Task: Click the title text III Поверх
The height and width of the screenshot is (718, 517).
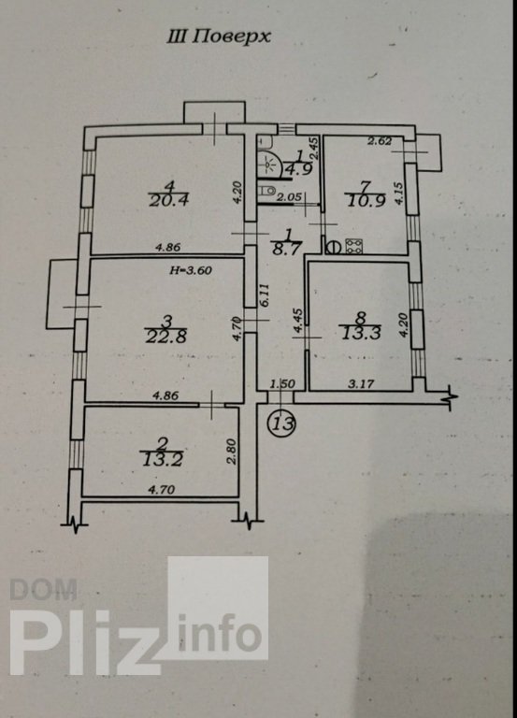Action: tap(219, 36)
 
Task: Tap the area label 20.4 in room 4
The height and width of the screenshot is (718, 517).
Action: tap(169, 200)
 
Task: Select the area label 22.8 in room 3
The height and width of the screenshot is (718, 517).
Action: tap(166, 337)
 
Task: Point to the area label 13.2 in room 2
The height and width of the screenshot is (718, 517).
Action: tap(163, 459)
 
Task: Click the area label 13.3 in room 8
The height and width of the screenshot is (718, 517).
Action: tap(361, 333)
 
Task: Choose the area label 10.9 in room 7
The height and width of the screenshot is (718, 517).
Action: tap(366, 201)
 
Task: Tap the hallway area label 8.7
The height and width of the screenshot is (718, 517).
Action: tap(287, 249)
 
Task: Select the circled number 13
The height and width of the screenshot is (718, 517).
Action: tap(282, 424)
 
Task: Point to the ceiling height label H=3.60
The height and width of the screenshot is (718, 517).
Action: tap(191, 270)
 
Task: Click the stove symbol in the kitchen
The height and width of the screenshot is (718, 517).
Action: tap(354, 246)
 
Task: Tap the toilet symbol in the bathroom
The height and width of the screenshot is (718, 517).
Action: tap(266, 190)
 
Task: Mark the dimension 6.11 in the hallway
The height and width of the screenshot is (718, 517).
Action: tap(266, 296)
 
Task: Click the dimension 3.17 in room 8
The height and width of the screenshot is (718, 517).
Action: tap(361, 383)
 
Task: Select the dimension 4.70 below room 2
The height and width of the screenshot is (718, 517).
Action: tap(161, 490)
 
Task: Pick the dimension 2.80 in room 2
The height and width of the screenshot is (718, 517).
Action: tap(232, 452)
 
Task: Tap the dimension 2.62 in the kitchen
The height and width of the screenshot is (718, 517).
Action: tap(380, 141)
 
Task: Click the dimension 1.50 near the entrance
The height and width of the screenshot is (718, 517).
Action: tap(282, 384)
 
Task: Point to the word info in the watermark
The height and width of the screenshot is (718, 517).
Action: tap(220, 633)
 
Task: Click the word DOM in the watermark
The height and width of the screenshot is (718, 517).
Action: tap(44, 589)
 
